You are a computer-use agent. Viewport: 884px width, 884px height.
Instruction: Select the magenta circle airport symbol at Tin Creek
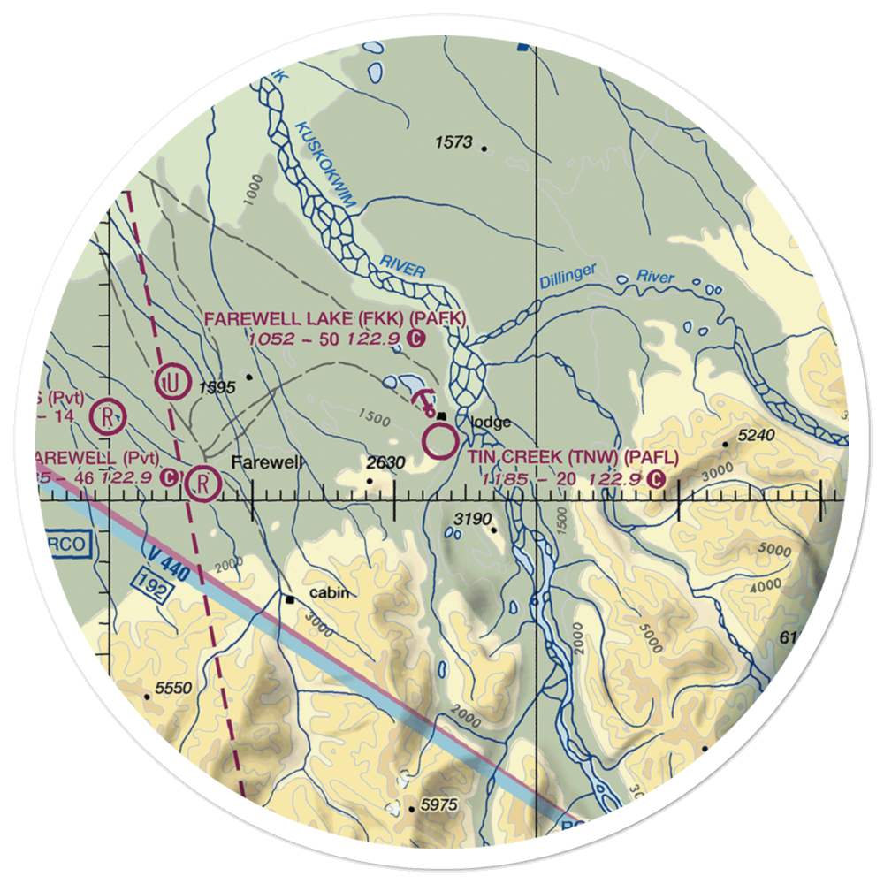pyautogui.click(x=440, y=439)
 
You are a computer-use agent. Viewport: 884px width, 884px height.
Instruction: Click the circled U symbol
pyautogui.click(x=170, y=383)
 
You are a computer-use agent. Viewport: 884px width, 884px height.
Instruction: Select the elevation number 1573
pyautogui.click(x=455, y=141)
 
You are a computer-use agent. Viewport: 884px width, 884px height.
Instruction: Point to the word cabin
pyautogui.click(x=328, y=593)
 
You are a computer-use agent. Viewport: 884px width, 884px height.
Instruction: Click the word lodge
pyautogui.click(x=491, y=422)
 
